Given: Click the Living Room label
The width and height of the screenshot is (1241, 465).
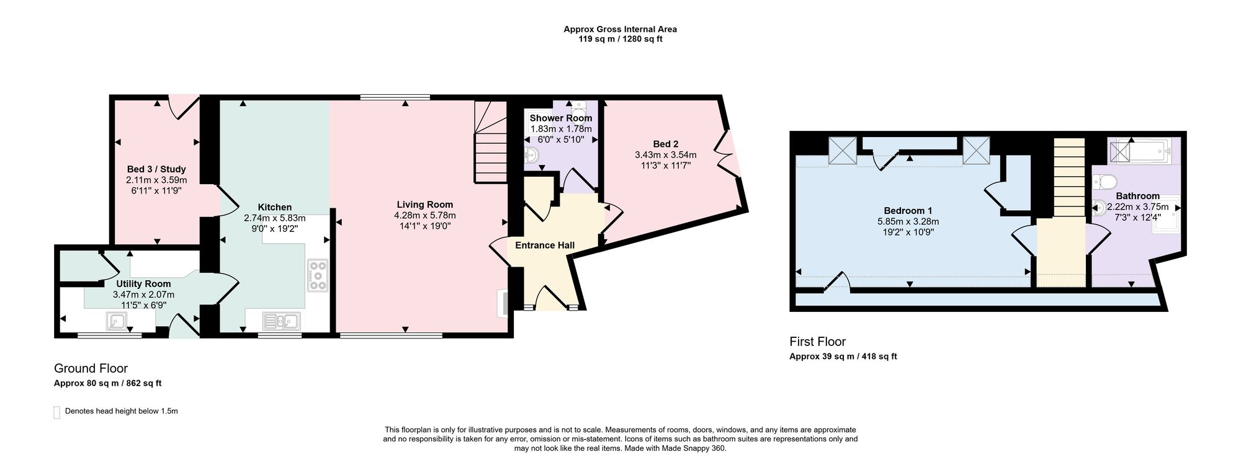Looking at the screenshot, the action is [425, 205].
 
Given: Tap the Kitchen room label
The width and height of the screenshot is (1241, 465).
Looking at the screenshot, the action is [275, 207].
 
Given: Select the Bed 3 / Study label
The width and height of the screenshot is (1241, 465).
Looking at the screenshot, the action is [156, 169].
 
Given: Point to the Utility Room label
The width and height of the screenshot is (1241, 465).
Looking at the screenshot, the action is [143, 284].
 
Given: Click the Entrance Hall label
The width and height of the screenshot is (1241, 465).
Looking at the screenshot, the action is [545, 245].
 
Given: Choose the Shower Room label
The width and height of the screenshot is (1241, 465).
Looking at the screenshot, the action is [561, 118].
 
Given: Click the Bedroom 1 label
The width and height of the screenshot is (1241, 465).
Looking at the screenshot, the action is [908, 211].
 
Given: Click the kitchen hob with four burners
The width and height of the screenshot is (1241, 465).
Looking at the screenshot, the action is [318, 275].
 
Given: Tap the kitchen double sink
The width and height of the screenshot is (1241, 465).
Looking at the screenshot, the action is [281, 321].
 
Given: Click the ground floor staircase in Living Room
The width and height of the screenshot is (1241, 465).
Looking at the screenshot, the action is [491, 142].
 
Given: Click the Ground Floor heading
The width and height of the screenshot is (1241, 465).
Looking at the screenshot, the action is [91, 368].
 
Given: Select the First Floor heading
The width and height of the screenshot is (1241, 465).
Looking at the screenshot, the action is [817, 342].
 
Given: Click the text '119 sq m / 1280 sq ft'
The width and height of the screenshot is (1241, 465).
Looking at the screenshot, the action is [620, 39].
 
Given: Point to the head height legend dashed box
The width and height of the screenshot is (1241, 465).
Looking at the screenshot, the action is [57, 412].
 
